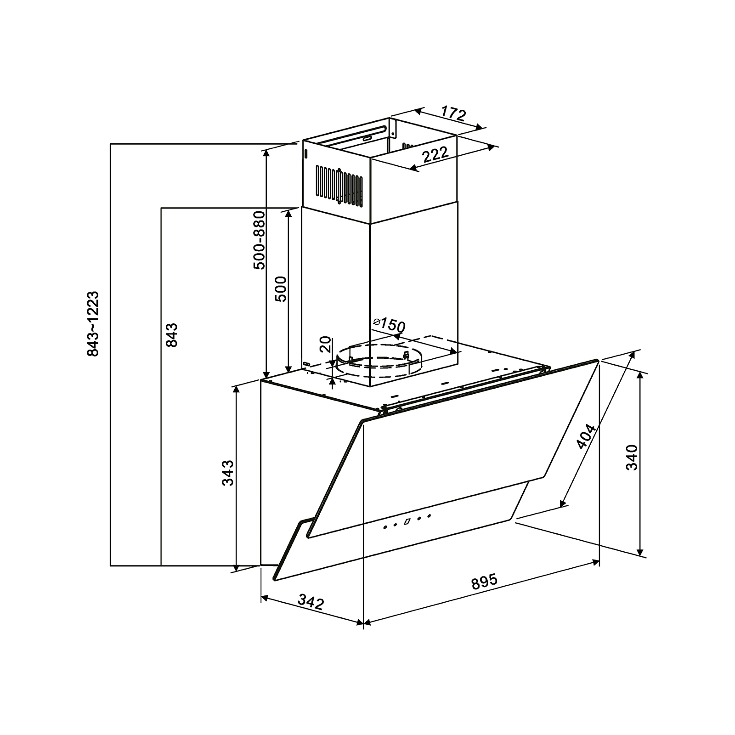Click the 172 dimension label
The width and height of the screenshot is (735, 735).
(x=453, y=113)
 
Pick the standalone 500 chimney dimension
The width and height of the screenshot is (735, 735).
(x=281, y=288)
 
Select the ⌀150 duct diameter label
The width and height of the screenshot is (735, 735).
(x=389, y=325)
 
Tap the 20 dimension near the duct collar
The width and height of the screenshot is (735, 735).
(x=325, y=344)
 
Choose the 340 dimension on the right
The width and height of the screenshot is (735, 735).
(x=633, y=457)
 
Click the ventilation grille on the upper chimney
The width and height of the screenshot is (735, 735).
(x=339, y=185)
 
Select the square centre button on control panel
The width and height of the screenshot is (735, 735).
(x=407, y=521)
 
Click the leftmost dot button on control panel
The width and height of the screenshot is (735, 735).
(x=385, y=527)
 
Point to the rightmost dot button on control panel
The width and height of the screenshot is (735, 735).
(x=429, y=515)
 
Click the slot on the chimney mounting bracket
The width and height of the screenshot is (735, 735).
(x=367, y=137)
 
